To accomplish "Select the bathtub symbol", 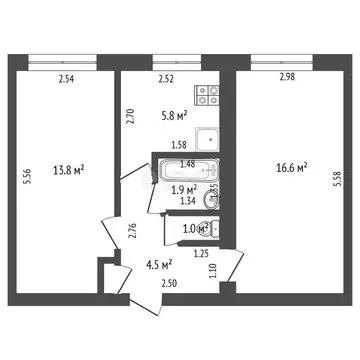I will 180,170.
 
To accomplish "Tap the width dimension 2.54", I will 66,78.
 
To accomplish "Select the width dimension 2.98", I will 287,78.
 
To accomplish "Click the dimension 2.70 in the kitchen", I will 129,117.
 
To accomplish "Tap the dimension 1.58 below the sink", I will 182,145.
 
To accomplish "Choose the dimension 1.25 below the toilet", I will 202,254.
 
